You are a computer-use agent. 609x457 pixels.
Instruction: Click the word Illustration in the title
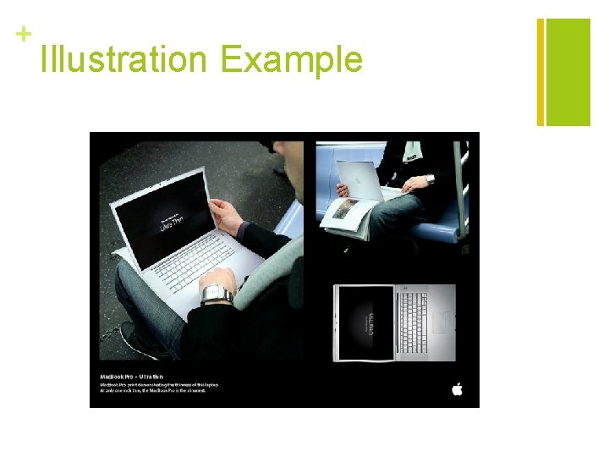click(123, 60)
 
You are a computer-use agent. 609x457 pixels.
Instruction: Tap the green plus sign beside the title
click(23, 34)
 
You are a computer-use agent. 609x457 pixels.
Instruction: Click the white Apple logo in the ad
click(458, 388)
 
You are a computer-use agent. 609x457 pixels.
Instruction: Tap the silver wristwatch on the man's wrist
click(217, 294)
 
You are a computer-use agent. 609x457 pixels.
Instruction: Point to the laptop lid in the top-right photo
click(356, 179)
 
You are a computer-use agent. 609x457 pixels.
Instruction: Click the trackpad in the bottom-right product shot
click(442, 322)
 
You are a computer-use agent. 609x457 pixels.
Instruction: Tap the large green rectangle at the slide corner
click(568, 72)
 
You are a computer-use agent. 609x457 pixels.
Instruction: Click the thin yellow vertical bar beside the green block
click(540, 72)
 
